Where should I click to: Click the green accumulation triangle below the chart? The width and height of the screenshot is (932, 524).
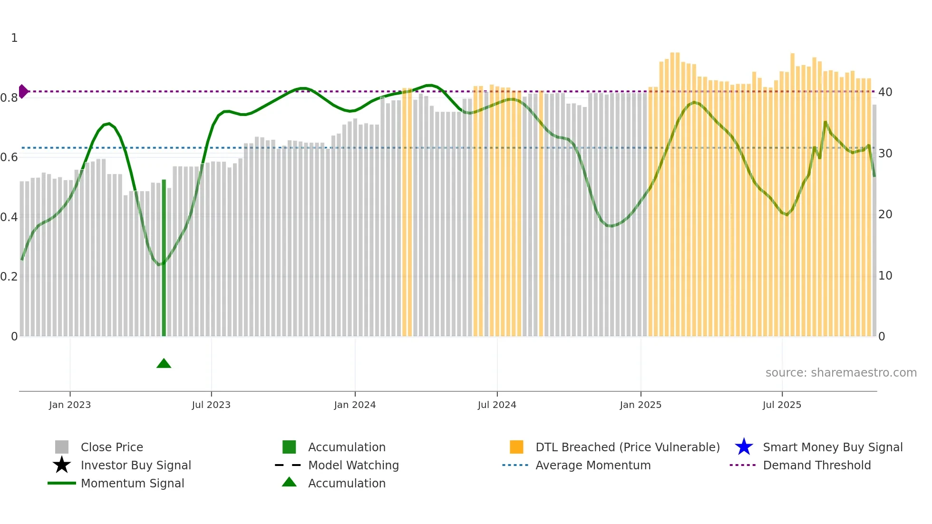(x=164, y=364)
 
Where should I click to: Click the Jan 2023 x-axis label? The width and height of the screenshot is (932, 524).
(x=70, y=405)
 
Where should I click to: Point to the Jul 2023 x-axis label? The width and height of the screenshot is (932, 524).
(x=211, y=405)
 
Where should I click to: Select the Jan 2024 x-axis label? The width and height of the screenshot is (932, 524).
(x=355, y=405)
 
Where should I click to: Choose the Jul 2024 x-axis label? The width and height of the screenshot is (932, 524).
(x=497, y=405)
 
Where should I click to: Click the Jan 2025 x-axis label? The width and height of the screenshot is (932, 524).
(x=641, y=405)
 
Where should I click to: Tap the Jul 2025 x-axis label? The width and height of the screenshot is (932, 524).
(x=782, y=405)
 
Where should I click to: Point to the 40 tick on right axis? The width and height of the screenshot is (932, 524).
(x=885, y=92)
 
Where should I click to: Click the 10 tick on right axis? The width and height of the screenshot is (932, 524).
(x=885, y=276)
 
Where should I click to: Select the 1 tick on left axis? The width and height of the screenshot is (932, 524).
(x=14, y=38)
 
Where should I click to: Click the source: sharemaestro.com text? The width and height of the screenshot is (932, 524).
(x=841, y=373)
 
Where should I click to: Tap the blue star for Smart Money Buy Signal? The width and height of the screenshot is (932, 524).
(x=744, y=447)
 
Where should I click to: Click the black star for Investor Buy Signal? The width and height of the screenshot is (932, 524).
(x=62, y=465)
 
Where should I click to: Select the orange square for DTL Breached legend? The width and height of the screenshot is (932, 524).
(x=516, y=447)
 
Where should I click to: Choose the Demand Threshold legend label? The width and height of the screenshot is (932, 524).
(x=816, y=465)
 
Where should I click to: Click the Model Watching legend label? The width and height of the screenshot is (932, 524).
(x=353, y=465)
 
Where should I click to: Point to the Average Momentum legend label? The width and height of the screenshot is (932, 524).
(x=593, y=465)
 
